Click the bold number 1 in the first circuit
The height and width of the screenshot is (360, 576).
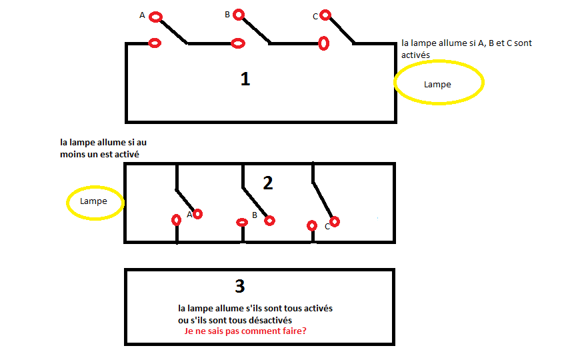tap(245, 79)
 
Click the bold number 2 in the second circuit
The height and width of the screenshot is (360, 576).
tap(268, 183)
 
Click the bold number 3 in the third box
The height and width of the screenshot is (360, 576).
tap(240, 286)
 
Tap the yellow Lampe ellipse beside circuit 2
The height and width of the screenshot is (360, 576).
tap(95, 201)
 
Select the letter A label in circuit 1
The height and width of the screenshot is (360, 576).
tap(142, 15)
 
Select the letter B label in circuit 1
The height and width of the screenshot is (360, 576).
tap(227, 14)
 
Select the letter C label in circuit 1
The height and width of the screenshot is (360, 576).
tap(315, 16)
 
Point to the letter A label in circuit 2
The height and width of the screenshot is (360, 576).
tap(189, 215)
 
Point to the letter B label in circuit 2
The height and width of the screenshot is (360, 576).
tap(255, 215)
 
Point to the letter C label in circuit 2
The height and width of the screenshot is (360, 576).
tap(327, 227)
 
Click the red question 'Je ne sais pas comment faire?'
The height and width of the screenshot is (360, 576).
tap(245, 331)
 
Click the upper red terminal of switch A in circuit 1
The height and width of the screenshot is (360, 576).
tap(155, 17)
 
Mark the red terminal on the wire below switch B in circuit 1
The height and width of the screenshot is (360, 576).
tap(237, 43)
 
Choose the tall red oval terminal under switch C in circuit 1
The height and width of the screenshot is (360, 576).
tap(323, 43)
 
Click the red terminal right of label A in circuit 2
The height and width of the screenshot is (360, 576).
tap(197, 214)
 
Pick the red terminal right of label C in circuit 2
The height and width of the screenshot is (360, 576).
tap(335, 221)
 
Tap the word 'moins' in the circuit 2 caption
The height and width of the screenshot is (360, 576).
tap(73, 155)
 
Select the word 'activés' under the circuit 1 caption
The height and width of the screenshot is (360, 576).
tap(416, 55)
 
